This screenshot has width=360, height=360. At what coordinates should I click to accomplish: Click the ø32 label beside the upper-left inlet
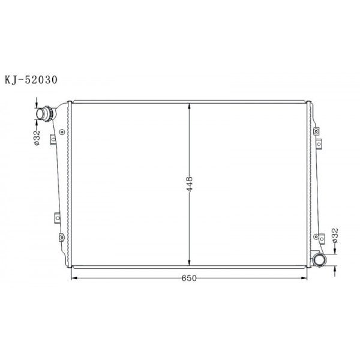coord(36,137)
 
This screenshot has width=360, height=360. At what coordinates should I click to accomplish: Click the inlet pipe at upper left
coord(43,113)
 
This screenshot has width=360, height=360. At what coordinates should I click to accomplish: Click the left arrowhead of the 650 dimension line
coord(74,278)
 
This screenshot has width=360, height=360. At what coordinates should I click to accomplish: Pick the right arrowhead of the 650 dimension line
coord(306,278)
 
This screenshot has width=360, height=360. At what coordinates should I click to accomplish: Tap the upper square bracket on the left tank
coord(53,139)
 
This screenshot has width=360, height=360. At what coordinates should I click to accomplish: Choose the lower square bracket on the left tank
coord(56,217)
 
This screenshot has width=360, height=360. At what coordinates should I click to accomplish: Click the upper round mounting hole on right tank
coord(314,128)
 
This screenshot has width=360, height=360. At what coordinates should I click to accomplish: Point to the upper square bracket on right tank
coord(320,143)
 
